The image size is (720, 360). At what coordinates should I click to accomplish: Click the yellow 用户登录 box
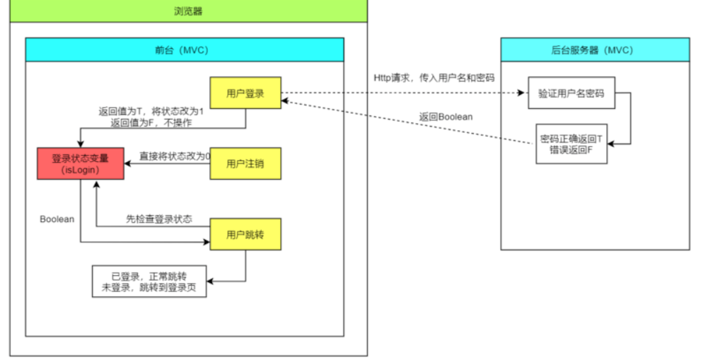tap(245, 93)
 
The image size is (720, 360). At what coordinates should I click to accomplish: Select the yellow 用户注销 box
tap(245, 164)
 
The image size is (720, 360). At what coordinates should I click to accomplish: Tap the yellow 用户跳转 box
tap(245, 235)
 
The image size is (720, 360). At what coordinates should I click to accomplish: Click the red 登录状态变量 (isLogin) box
tap(81, 164)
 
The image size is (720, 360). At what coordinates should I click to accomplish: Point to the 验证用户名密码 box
tap(571, 93)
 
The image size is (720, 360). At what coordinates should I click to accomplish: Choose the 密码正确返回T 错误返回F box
tap(571, 144)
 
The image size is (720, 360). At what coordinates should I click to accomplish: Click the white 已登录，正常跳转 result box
tap(149, 281)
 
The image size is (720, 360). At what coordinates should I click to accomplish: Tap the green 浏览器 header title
tap(189, 11)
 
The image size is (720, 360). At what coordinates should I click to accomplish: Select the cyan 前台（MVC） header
tap(185, 50)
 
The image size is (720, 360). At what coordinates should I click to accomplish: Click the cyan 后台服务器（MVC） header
tap(595, 50)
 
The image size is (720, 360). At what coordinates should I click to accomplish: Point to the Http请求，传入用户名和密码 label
tap(433, 77)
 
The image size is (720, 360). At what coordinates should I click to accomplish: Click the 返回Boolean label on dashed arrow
tap(446, 116)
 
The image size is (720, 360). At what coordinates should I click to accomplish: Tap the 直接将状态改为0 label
tap(175, 156)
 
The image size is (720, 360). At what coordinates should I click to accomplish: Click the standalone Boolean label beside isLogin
tap(57, 219)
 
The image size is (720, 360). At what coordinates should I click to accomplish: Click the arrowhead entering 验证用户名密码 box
tap(524, 93)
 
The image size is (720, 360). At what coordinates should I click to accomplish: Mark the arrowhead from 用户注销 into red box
tap(128, 164)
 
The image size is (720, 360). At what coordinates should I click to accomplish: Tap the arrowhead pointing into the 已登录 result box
tap(210, 281)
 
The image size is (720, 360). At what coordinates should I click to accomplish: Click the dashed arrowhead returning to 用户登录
tap(286, 102)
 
